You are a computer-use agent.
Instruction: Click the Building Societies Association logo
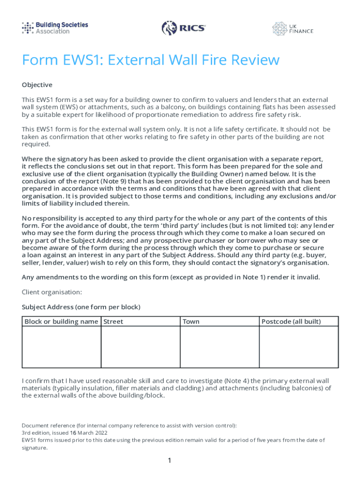pyautogui.click(x=55, y=28)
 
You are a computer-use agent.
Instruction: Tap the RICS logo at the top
pyautogui.click(x=184, y=29)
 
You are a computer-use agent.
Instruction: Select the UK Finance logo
pyautogui.click(x=293, y=29)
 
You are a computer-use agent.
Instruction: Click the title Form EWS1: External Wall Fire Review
pyautogui.click(x=151, y=60)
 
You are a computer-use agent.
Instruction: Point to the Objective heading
pyautogui.click(x=37, y=85)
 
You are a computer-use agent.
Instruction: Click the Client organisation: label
pyautogui.click(x=52, y=292)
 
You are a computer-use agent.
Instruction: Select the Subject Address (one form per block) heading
pyautogui.click(x=81, y=307)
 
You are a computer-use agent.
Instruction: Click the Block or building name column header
pyautogui.click(x=61, y=321)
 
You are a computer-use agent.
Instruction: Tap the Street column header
pyautogui.click(x=113, y=321)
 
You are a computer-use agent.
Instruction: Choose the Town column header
pyautogui.click(x=191, y=321)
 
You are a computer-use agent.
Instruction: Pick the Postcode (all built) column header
pyautogui.click(x=291, y=321)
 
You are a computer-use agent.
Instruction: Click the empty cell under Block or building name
pyautogui.click(x=61, y=347)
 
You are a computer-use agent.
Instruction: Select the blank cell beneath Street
pyautogui.click(x=140, y=347)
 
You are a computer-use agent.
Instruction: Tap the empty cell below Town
pyautogui.click(x=219, y=347)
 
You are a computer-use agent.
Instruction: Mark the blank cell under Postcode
pyautogui.click(x=299, y=347)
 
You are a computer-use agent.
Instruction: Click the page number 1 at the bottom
pyautogui.click(x=170, y=461)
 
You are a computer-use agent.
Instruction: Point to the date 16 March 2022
pyautogui.click(x=79, y=433)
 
